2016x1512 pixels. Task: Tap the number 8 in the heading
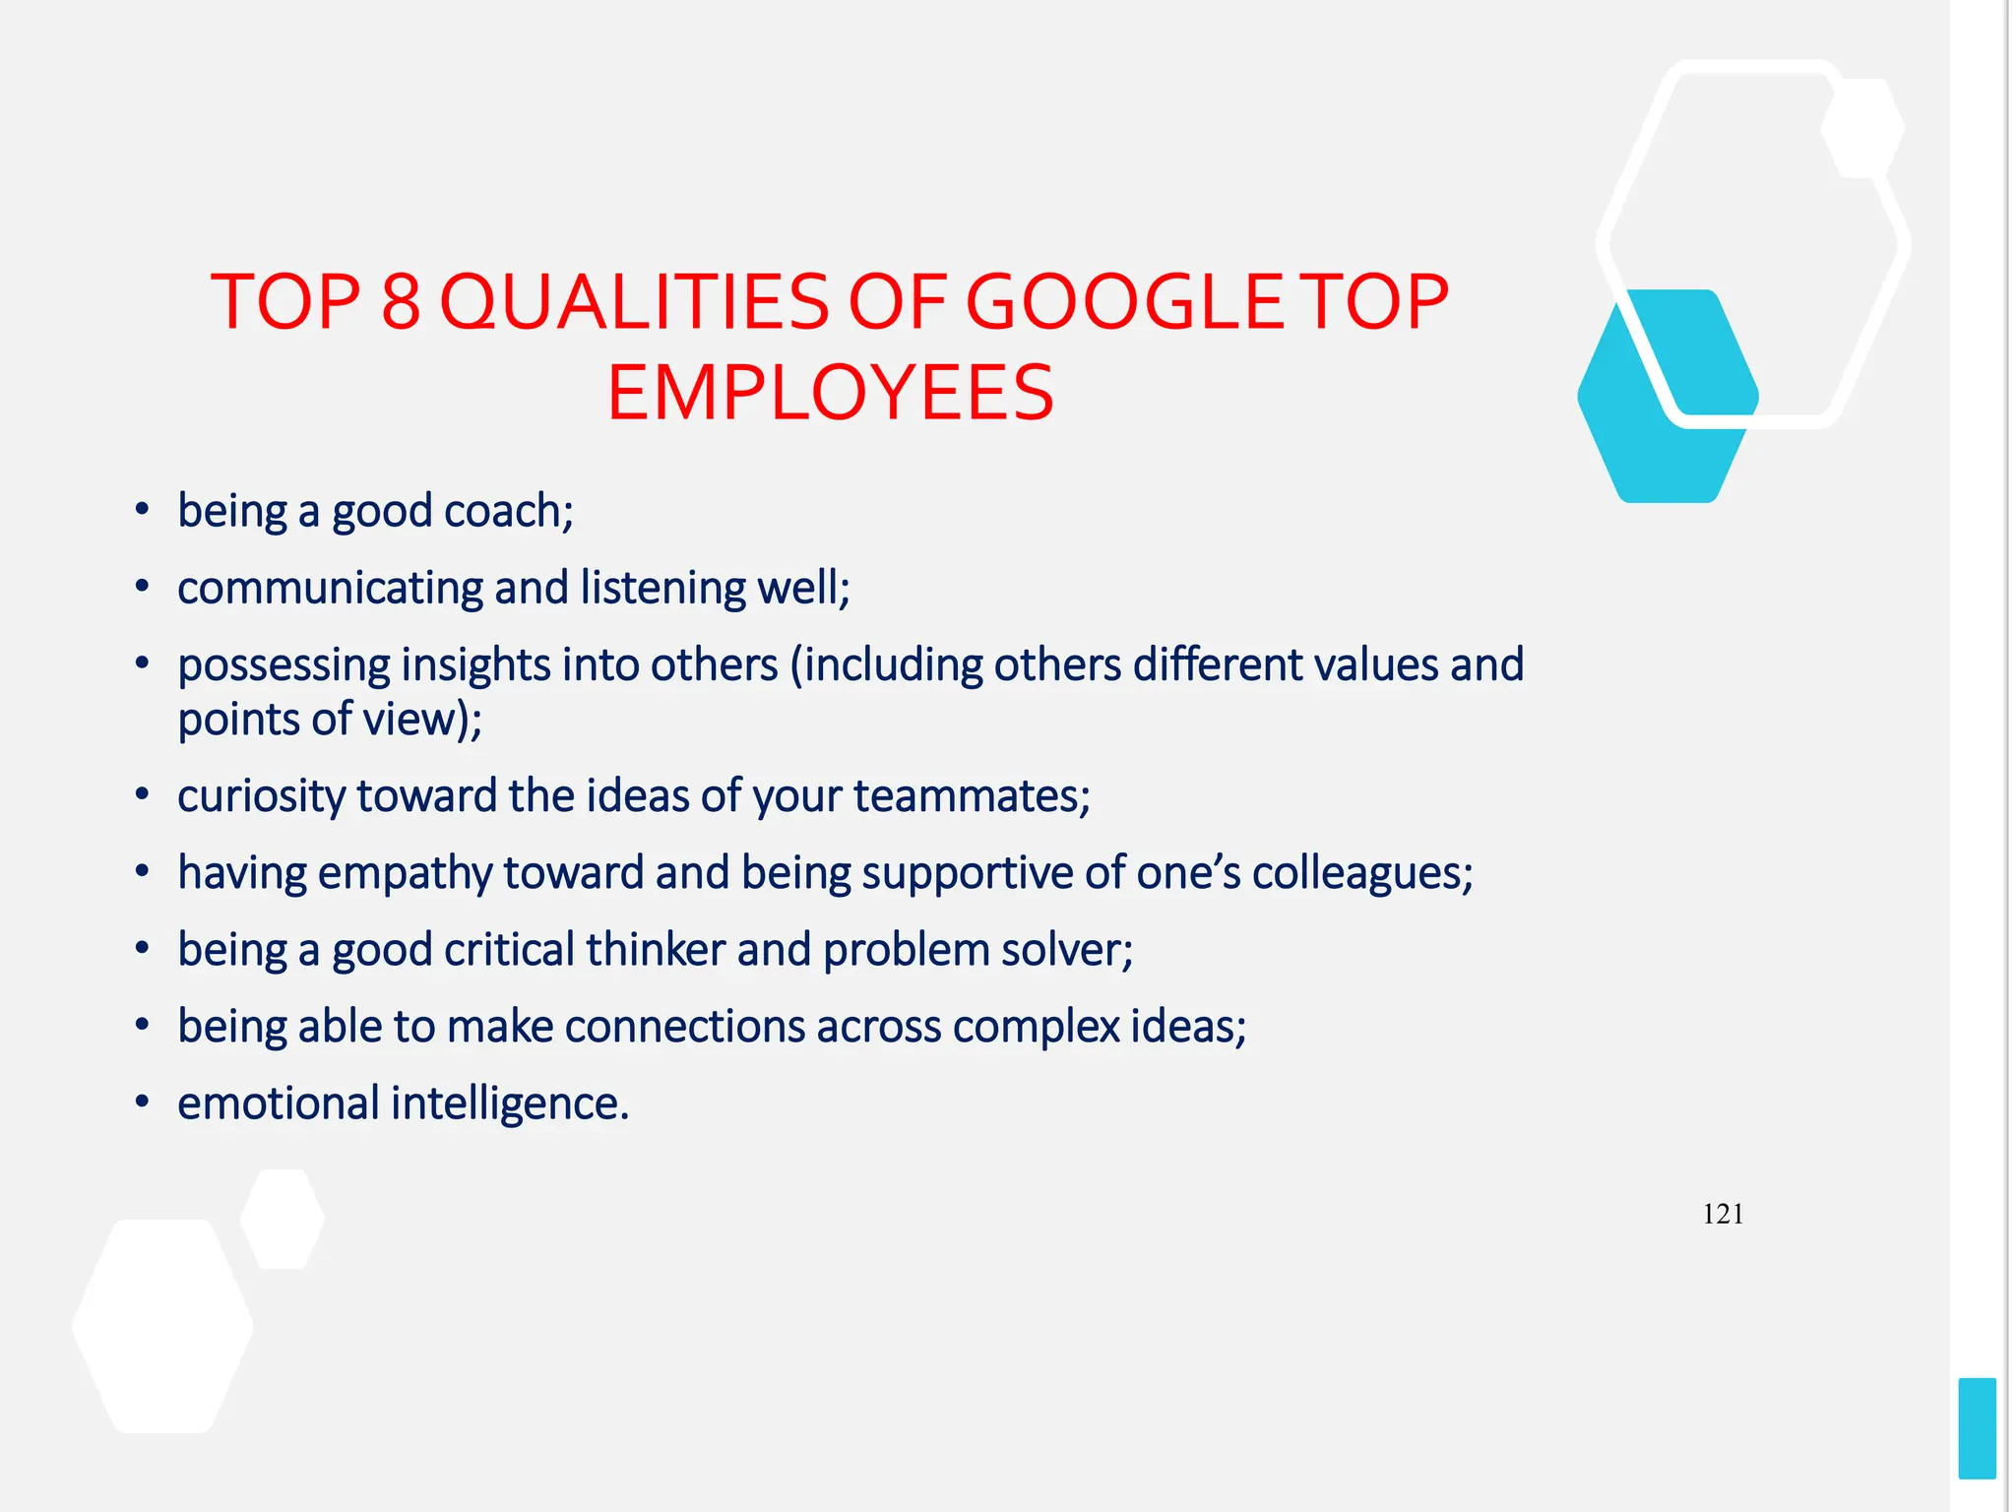[x=401, y=302]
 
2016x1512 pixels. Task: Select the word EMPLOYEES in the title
[x=830, y=394]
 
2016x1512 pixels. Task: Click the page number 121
[x=1723, y=1214]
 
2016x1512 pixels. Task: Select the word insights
[x=475, y=666]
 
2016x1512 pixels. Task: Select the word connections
[x=685, y=1028]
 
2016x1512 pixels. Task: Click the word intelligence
[x=509, y=1104]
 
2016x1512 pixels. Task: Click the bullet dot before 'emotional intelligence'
[x=143, y=1102]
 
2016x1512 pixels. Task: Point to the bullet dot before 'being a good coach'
[x=143, y=509]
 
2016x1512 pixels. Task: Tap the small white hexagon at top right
[x=1862, y=128]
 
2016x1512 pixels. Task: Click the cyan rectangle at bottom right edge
[x=1977, y=1427]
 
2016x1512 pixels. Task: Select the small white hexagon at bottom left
[x=283, y=1219]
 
